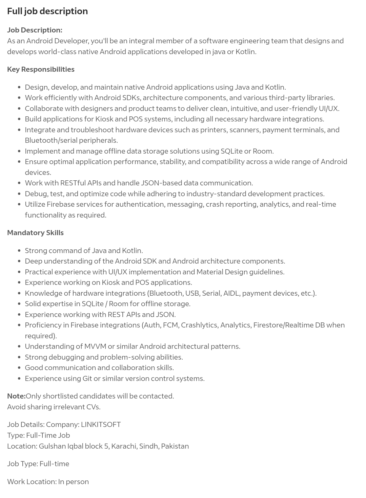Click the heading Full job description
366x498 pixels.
click(47, 11)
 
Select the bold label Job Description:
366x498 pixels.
click(35, 30)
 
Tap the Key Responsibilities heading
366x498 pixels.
click(41, 69)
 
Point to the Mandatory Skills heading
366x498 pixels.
click(35, 232)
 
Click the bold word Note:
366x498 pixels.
click(16, 396)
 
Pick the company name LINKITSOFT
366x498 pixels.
click(101, 424)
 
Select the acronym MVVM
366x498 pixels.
click(95, 346)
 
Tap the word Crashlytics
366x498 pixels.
click(199, 325)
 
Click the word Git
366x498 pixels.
click(87, 378)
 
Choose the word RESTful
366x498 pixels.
click(73, 183)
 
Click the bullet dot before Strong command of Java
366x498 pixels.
click(19, 251)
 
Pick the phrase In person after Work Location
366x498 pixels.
click(74, 481)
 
